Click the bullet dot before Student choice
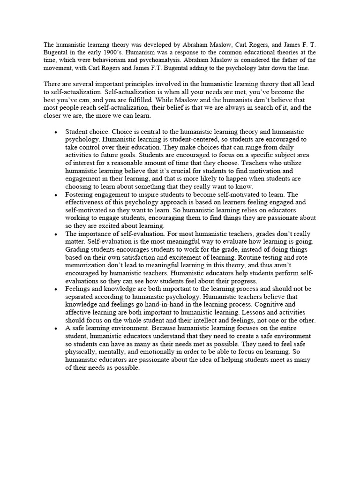click(x=56, y=132)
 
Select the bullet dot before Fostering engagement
click(x=56, y=194)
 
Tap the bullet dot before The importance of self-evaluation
click(x=56, y=233)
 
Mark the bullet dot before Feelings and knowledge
click(x=56, y=289)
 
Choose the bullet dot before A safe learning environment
click(x=56, y=328)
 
